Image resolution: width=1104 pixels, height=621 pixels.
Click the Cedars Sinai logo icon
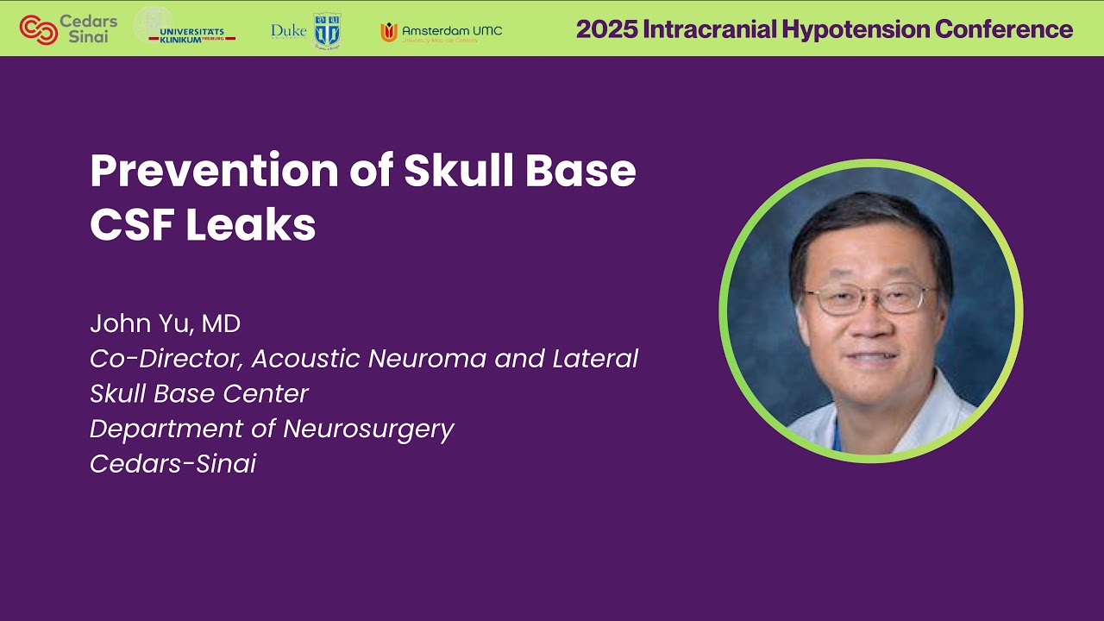[x=38, y=29]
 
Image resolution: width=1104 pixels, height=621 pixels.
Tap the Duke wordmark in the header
[x=288, y=31]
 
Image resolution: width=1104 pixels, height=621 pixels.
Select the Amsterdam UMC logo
[x=441, y=32]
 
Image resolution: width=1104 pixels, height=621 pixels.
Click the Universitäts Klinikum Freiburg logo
[x=185, y=28]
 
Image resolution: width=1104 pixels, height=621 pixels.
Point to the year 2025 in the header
[x=604, y=29]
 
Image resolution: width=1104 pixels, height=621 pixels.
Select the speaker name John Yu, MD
[x=165, y=324]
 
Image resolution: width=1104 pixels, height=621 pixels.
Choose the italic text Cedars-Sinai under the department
[x=172, y=464]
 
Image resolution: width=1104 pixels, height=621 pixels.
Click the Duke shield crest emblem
[x=327, y=30]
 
